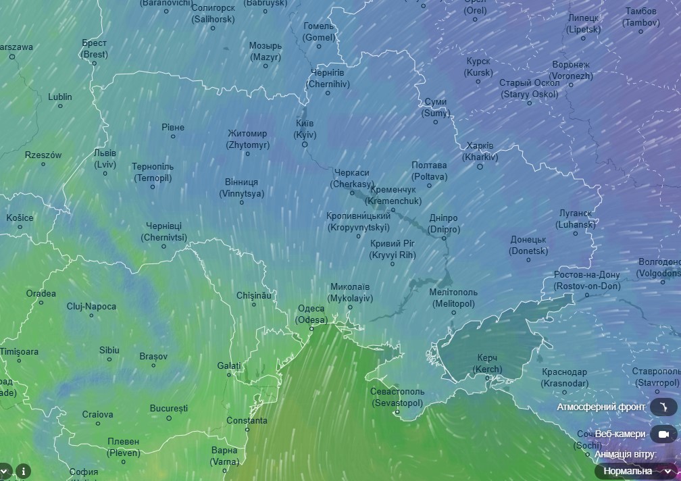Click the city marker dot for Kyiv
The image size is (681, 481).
click(x=305, y=145)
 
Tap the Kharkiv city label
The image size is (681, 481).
click(x=480, y=151)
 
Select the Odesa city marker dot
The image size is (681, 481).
click(x=311, y=328)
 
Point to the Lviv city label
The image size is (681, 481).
click(x=105, y=159)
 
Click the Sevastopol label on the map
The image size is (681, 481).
click(x=397, y=397)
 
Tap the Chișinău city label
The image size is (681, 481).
click(x=254, y=295)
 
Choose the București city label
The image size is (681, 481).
click(x=169, y=409)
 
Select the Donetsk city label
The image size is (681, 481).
click(x=528, y=245)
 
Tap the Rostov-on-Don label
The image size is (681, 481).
click(x=586, y=280)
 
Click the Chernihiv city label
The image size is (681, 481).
click(x=328, y=78)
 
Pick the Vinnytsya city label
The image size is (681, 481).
click(x=241, y=188)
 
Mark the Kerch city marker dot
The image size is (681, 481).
click(x=488, y=378)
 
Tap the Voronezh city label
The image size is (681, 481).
click(x=571, y=70)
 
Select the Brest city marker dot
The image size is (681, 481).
click(x=94, y=64)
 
